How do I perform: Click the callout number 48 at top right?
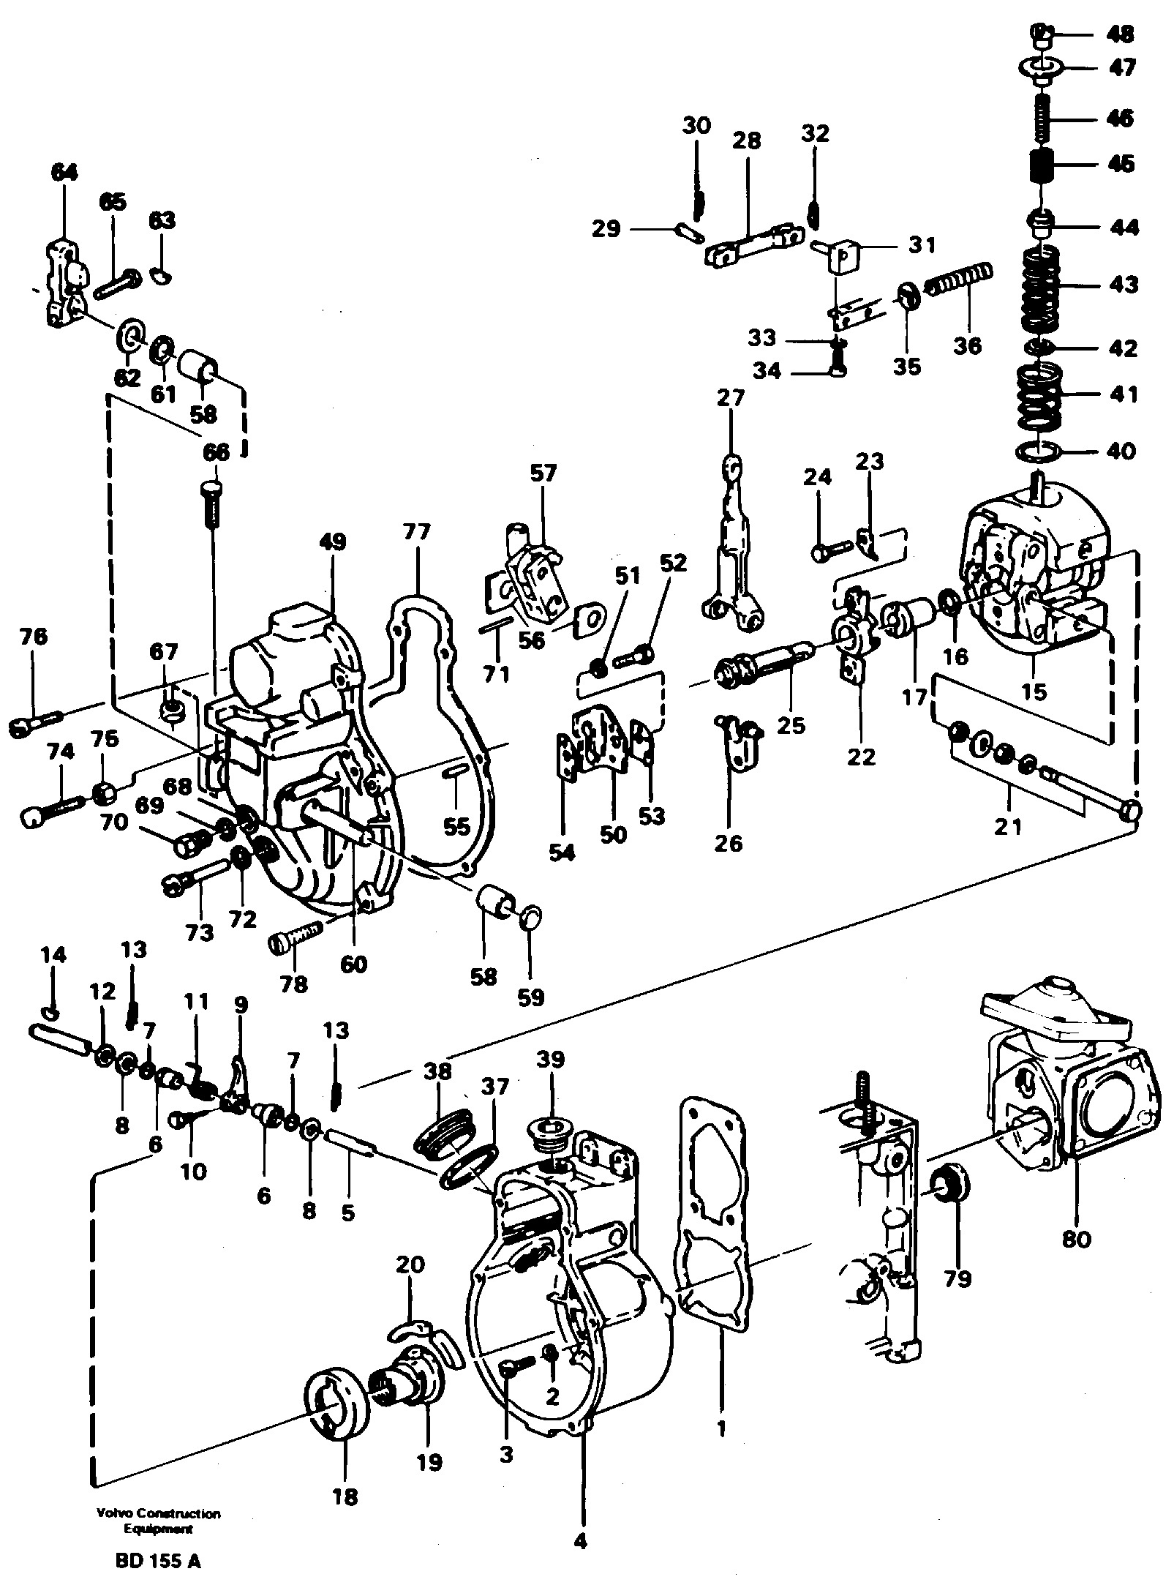1121,34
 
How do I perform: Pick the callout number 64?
64,173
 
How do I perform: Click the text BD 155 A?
157,1562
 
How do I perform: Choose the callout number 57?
543,473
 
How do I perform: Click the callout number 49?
332,542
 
